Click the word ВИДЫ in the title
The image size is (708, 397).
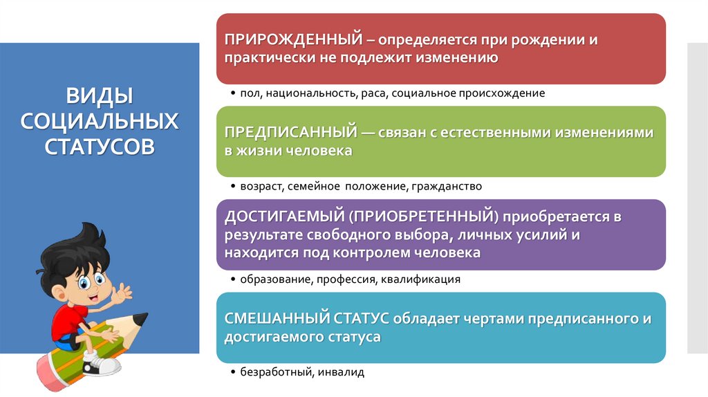pos(100,95)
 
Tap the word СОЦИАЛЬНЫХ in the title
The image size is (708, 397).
pos(100,121)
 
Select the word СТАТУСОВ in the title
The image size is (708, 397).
pos(100,147)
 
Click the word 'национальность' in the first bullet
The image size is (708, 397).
pos(301,93)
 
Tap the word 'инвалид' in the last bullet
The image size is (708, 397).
pos(342,372)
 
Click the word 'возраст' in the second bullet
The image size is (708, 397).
pos(259,186)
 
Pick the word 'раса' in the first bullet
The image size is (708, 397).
pos(372,93)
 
